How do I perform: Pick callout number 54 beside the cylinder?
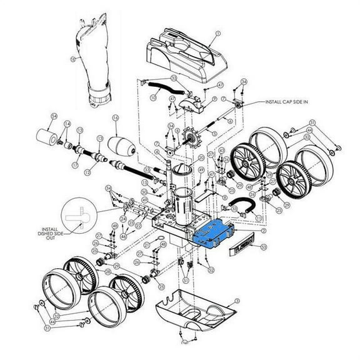point(54,116)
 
